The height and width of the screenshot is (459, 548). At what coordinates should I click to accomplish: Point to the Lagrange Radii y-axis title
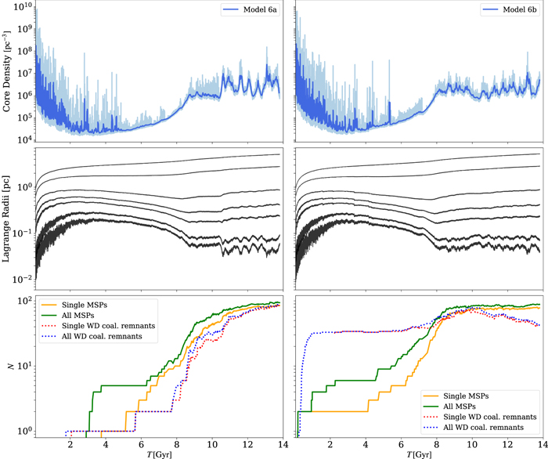9,219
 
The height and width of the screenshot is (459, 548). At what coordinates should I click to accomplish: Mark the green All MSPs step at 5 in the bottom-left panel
117,385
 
